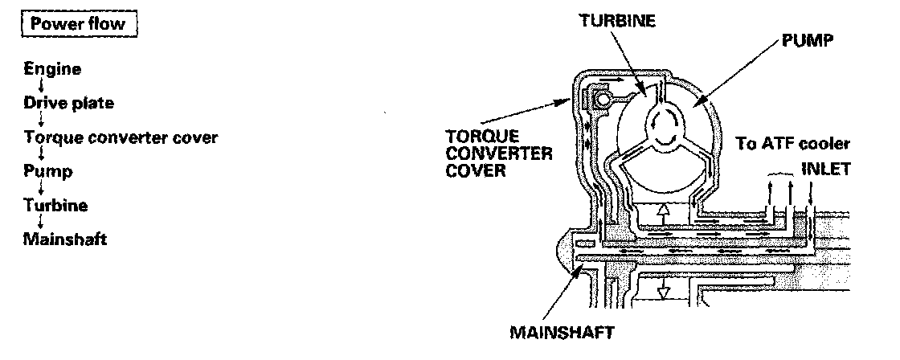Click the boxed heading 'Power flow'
click(77, 23)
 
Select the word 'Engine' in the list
click(52, 69)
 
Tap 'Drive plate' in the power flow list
click(69, 103)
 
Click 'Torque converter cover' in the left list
click(121, 137)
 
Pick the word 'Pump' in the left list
click(48, 171)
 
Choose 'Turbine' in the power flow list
click(55, 205)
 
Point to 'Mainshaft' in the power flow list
click(65, 239)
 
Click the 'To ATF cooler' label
click(792, 145)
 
